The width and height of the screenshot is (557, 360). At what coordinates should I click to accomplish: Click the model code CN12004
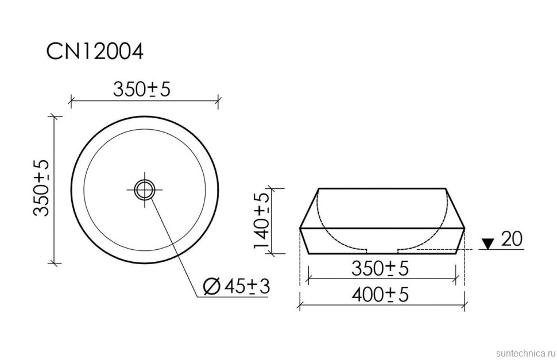click(x=95, y=52)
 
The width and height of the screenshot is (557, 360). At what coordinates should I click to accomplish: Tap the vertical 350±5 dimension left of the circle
click(x=41, y=188)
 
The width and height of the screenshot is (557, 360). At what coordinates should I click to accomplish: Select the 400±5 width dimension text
click(x=380, y=295)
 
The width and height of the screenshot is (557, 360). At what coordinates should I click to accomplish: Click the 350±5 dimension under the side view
click(x=380, y=268)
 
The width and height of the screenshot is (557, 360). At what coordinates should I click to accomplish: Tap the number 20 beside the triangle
click(x=512, y=239)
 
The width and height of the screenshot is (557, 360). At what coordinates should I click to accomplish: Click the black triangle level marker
click(x=487, y=244)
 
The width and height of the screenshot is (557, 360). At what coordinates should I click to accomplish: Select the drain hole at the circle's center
click(x=145, y=188)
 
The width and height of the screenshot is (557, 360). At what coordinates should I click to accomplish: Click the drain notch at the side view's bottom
click(x=382, y=250)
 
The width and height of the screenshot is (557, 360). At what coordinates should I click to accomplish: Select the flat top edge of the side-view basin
click(x=382, y=188)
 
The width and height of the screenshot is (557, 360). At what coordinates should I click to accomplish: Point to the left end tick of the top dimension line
click(x=71, y=102)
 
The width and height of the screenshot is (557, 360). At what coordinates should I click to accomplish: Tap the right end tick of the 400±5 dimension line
click(x=464, y=305)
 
